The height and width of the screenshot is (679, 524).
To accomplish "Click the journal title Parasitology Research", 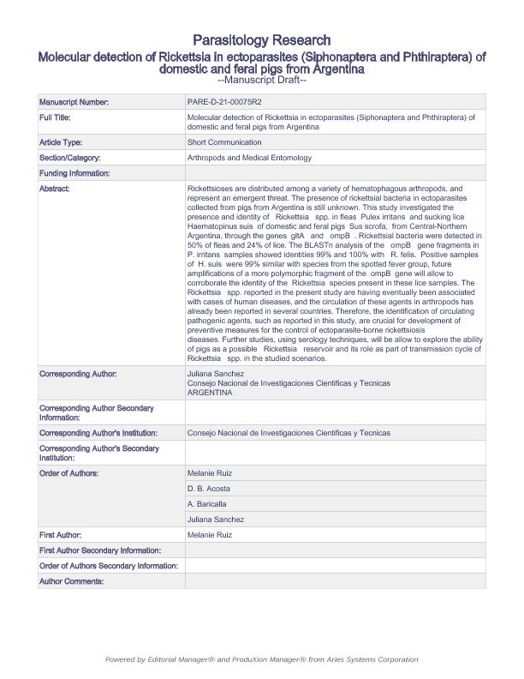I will (x=261, y=40).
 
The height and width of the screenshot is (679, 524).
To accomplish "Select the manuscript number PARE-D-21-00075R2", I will (x=221, y=102).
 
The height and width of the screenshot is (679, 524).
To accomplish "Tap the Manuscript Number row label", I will (x=74, y=102).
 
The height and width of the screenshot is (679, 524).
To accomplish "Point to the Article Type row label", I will (x=61, y=142).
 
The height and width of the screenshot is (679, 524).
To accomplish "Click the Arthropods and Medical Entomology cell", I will (x=249, y=158).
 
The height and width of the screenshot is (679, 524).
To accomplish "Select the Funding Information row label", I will (x=74, y=173).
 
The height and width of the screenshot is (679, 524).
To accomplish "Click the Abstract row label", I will (x=55, y=189).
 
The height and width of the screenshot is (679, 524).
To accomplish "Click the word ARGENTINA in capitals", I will (x=210, y=392).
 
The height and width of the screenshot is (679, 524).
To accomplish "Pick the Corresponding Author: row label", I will (x=78, y=375).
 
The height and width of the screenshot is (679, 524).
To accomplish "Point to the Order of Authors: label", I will (x=69, y=473).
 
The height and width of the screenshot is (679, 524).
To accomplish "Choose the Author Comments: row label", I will (x=71, y=581).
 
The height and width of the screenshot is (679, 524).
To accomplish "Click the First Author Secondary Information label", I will (x=98, y=550).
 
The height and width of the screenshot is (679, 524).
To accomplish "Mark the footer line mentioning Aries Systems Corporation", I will (x=261, y=659).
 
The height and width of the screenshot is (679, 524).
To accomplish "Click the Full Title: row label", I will (x=57, y=117).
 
